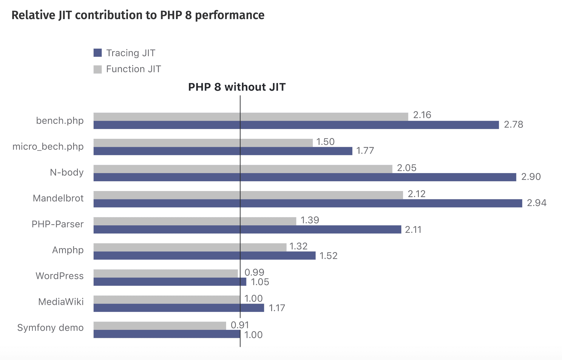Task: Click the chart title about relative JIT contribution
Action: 138,15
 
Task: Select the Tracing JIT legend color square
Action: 98,53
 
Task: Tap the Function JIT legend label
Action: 133,69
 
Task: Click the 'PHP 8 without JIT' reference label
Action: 237,87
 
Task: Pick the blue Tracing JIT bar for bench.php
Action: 296,125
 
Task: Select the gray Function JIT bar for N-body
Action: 243,169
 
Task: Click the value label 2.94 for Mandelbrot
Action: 536,203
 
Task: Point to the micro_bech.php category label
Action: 48,147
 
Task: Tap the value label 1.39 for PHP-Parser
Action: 310,220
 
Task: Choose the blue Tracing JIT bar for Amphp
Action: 204,256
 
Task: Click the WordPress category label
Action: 59,276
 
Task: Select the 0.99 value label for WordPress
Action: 254,272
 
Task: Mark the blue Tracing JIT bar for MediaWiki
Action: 179,308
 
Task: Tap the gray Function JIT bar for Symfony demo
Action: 160,326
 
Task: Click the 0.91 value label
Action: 240,325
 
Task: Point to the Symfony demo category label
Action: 50,328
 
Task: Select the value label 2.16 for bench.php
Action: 422,115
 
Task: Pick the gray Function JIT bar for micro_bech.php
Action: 203,143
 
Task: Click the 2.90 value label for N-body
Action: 531,177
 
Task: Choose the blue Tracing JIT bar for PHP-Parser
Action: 247,229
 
